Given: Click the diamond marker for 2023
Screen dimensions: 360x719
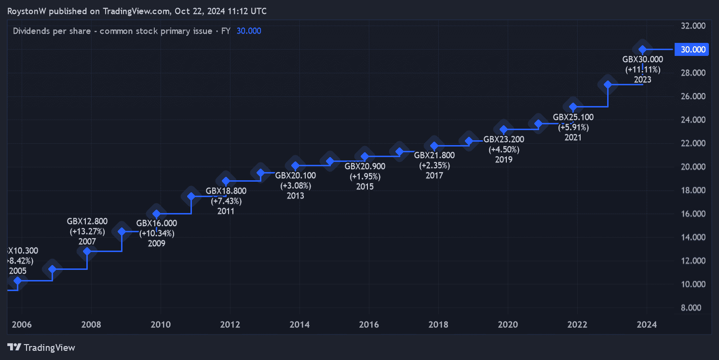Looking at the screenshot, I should click(x=642, y=49).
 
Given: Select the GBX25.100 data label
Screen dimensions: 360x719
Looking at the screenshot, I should click(x=573, y=117).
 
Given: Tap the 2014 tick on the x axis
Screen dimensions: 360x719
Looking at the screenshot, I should click(x=299, y=324).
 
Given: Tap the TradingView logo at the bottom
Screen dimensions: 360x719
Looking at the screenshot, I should click(x=41, y=347).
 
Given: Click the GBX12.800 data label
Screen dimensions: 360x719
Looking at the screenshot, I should click(x=87, y=221).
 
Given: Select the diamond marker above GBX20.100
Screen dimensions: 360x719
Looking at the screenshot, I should click(x=296, y=166).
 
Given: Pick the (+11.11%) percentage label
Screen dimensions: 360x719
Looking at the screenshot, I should click(x=642, y=69).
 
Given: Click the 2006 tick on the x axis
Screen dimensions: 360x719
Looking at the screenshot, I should click(x=22, y=324).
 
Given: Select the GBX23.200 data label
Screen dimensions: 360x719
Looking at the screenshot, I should click(x=503, y=139).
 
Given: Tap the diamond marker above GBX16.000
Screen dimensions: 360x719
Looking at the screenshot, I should click(x=156, y=213).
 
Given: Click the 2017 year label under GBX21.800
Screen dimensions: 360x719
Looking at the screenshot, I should click(x=434, y=175).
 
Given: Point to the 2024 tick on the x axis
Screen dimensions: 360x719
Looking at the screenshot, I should click(x=647, y=324).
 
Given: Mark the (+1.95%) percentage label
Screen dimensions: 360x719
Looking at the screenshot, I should click(x=365, y=176).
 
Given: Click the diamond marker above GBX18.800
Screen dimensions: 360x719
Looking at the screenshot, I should click(x=226, y=181).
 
